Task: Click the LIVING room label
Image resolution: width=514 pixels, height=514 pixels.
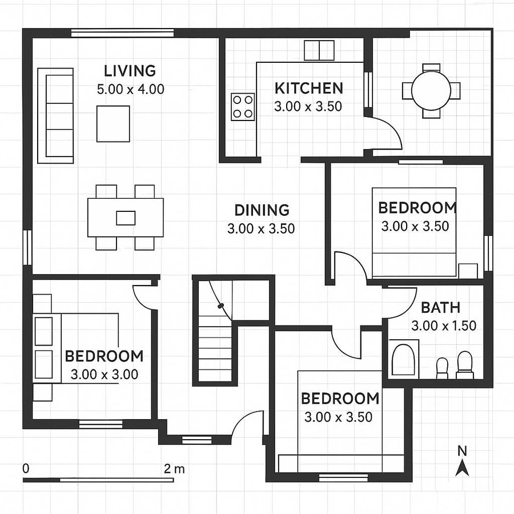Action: coord(130,71)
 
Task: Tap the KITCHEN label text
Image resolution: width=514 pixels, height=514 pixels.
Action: coord(308,89)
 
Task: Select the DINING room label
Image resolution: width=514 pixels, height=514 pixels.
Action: coord(262,210)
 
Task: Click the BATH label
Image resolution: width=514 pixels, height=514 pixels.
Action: coord(440,308)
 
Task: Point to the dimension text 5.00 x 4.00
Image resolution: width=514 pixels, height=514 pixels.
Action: coord(130,90)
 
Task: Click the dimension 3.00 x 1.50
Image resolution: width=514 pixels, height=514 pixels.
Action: coord(443,326)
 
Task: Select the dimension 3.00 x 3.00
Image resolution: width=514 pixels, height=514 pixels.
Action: coord(104,375)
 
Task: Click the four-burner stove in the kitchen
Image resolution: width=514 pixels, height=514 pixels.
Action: coord(242,106)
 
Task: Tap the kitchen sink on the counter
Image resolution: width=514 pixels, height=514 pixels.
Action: coord(318,50)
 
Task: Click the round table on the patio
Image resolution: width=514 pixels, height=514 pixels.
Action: coord(431,91)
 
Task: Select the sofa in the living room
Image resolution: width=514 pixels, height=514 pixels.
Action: coord(55,115)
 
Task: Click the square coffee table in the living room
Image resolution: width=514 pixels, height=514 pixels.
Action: coord(113,123)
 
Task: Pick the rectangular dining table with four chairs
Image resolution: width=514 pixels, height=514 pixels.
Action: coord(126,218)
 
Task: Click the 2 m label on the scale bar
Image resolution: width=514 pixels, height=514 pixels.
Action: coord(174,469)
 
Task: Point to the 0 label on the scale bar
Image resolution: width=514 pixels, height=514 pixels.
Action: coord(26,468)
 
